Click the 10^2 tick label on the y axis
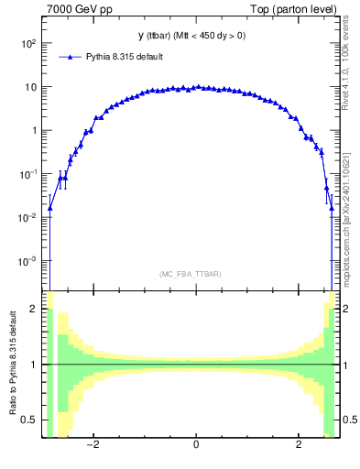(27, 43)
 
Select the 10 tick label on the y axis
(30, 87)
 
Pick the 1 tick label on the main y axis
(34, 130)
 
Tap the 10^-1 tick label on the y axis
(27, 174)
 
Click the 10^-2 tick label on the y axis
(27, 217)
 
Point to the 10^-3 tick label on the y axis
(27, 261)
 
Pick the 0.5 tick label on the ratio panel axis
(30, 420)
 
